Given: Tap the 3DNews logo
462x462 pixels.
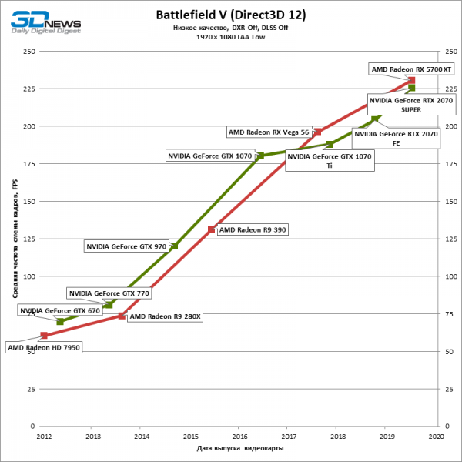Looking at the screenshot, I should (45, 21).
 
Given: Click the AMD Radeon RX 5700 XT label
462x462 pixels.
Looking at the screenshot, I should (412, 69).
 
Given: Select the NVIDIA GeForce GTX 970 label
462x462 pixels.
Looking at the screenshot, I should (126, 247).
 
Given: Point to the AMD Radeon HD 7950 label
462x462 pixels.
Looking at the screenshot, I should (44, 347).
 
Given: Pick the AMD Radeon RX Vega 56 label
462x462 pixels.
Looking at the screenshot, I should (268, 132).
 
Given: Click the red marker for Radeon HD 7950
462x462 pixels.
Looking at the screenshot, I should (44, 336).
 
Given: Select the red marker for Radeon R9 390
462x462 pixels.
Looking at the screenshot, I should (211, 229).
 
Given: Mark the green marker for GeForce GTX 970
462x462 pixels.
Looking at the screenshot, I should (174, 246).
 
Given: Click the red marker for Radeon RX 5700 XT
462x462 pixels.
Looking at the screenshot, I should (412, 81).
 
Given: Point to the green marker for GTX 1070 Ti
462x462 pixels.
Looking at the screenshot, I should (330, 144).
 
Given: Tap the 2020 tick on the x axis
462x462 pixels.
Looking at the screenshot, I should (437, 437).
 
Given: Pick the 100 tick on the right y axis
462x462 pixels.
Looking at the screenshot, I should (449, 276).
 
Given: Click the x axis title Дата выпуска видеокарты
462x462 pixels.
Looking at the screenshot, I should (239, 448).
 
